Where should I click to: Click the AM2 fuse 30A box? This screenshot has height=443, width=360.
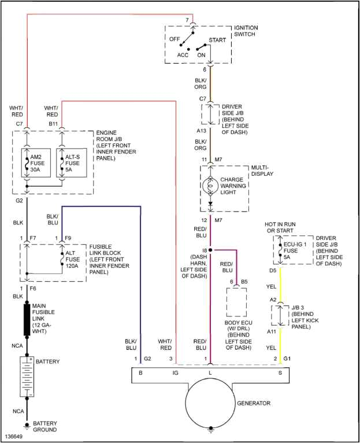pyautogui.click(x=36, y=163)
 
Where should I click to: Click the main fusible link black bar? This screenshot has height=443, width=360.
pyautogui.click(x=27, y=319)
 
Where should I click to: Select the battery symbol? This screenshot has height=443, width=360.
pyautogui.click(x=27, y=376)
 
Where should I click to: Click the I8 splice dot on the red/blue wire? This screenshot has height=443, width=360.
pyautogui.click(x=210, y=250)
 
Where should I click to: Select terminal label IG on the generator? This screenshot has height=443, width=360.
pyautogui.click(x=175, y=374)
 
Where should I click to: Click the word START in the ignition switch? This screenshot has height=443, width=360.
pyautogui.click(x=217, y=40)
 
